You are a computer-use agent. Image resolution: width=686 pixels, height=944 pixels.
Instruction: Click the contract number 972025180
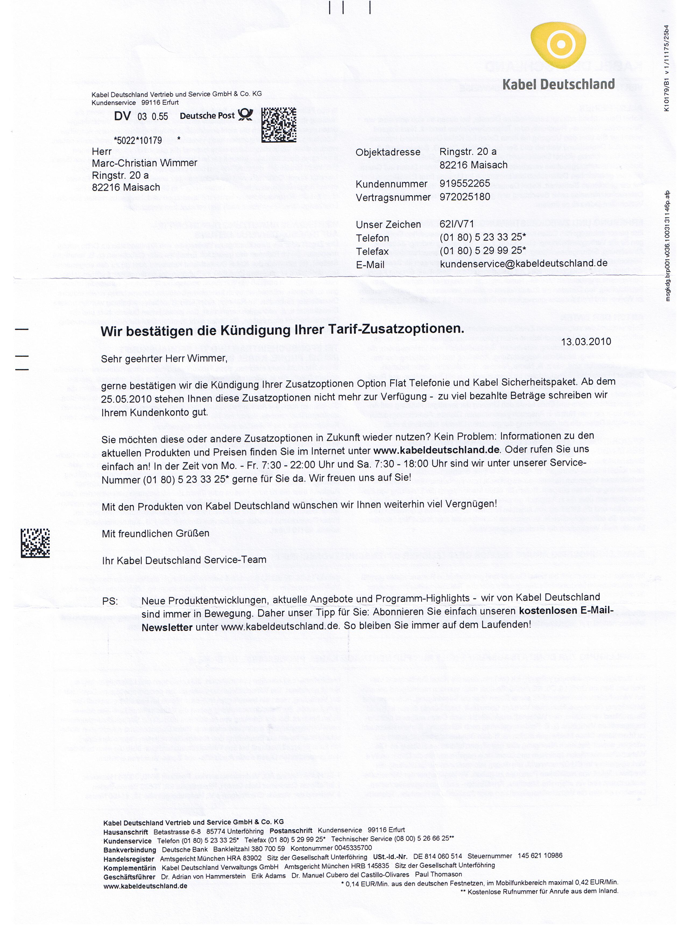[465, 197]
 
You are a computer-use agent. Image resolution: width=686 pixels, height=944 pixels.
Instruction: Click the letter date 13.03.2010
[586, 342]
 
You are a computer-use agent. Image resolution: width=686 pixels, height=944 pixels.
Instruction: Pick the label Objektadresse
[388, 152]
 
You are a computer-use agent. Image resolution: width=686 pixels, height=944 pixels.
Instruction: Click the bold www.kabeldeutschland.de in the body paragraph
[436, 450]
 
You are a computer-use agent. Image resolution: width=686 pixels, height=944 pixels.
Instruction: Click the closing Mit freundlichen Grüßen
[155, 534]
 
